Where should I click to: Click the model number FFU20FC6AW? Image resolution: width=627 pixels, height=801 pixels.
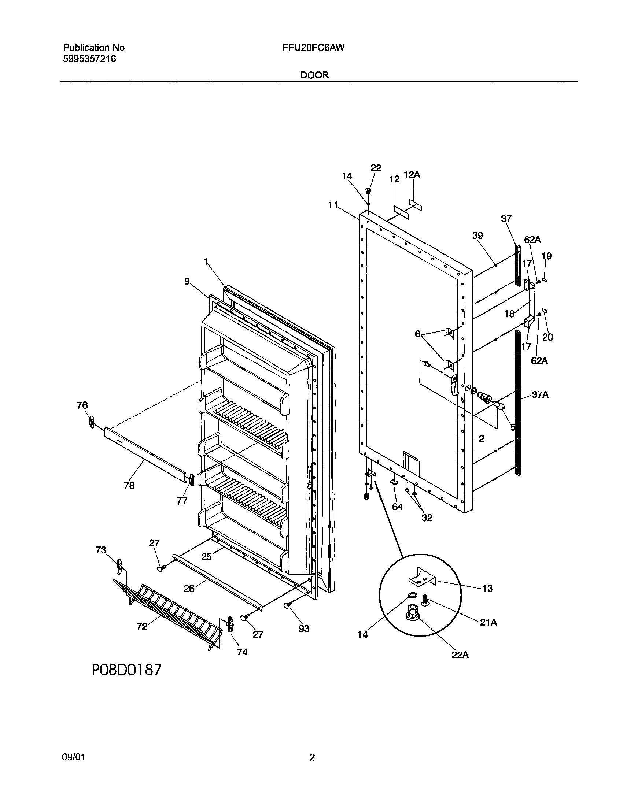coord(314,48)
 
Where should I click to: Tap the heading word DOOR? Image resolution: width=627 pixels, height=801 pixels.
coord(315,75)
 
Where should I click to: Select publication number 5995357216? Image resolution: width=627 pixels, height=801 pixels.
coord(89,59)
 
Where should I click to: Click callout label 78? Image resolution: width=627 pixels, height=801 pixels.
coord(129,485)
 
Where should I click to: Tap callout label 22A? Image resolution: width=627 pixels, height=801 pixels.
coord(460,655)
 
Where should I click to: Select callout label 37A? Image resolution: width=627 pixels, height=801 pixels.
coord(540,395)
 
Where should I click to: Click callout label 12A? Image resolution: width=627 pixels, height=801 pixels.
coord(412,175)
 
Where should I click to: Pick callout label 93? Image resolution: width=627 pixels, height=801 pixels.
coord(303,628)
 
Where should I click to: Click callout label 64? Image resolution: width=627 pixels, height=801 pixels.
coord(397,507)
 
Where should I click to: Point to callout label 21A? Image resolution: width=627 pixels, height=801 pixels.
coord(488,622)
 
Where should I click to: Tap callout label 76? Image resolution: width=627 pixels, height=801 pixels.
coord(82,405)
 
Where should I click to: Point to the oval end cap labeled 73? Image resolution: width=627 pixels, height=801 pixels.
coord(119,567)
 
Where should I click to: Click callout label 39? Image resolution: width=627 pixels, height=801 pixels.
coord(477,236)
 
